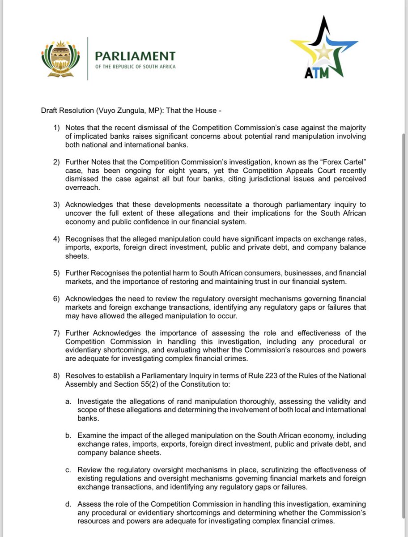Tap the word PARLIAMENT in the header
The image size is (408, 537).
click(x=135, y=56)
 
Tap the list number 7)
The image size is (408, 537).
click(x=57, y=332)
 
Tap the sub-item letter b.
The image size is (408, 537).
click(x=68, y=435)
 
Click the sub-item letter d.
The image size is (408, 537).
click(x=68, y=504)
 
